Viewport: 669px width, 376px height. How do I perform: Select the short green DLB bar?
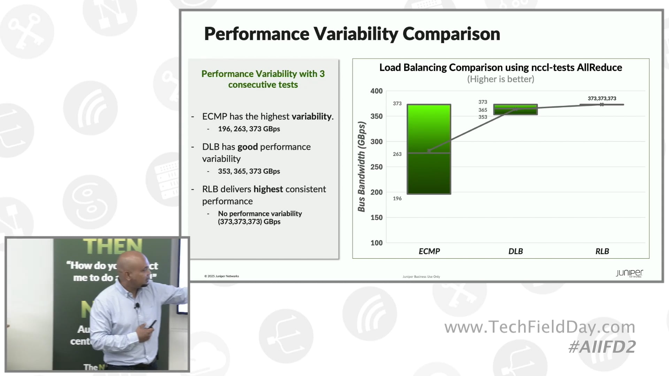(x=515, y=109)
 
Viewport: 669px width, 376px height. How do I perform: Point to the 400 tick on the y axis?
(x=376, y=91)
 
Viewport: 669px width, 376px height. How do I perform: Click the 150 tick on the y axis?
(x=376, y=218)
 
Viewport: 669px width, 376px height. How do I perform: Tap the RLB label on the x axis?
(x=602, y=251)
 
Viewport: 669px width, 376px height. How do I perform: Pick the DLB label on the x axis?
(x=515, y=251)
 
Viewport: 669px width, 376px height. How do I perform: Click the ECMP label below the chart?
(x=429, y=251)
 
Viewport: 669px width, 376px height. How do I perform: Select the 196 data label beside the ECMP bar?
(x=397, y=198)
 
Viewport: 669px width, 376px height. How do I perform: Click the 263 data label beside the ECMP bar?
(x=397, y=154)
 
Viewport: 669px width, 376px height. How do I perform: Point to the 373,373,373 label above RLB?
(x=602, y=99)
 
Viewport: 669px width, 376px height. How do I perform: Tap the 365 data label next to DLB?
(x=483, y=110)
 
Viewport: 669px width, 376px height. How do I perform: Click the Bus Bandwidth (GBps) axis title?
(x=362, y=166)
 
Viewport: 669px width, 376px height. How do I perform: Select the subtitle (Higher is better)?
(x=500, y=79)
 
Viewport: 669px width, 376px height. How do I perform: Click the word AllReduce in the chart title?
(x=599, y=68)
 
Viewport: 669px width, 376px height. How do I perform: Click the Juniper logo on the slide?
(x=629, y=273)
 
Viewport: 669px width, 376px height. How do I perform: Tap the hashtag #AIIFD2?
(x=602, y=347)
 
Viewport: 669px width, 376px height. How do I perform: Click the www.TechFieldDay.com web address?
(x=540, y=327)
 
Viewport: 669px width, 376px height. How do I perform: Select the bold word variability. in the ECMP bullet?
(x=312, y=117)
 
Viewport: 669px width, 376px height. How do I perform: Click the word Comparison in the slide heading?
(x=451, y=34)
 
